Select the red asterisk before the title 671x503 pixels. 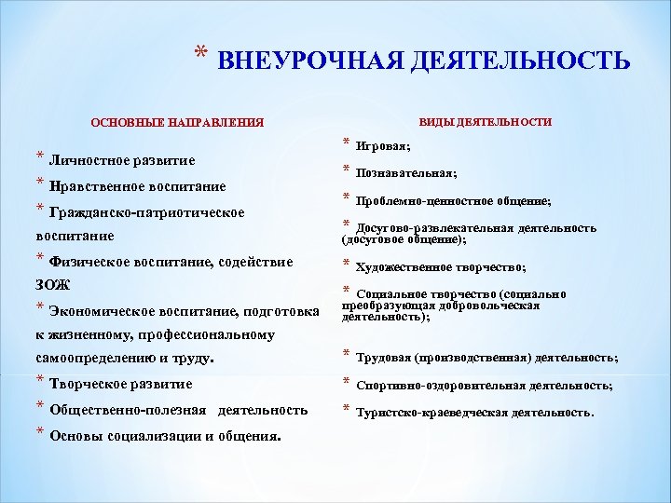(x=202, y=53)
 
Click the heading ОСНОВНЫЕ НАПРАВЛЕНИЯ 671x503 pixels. (x=177, y=122)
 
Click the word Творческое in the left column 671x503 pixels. (x=87, y=384)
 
